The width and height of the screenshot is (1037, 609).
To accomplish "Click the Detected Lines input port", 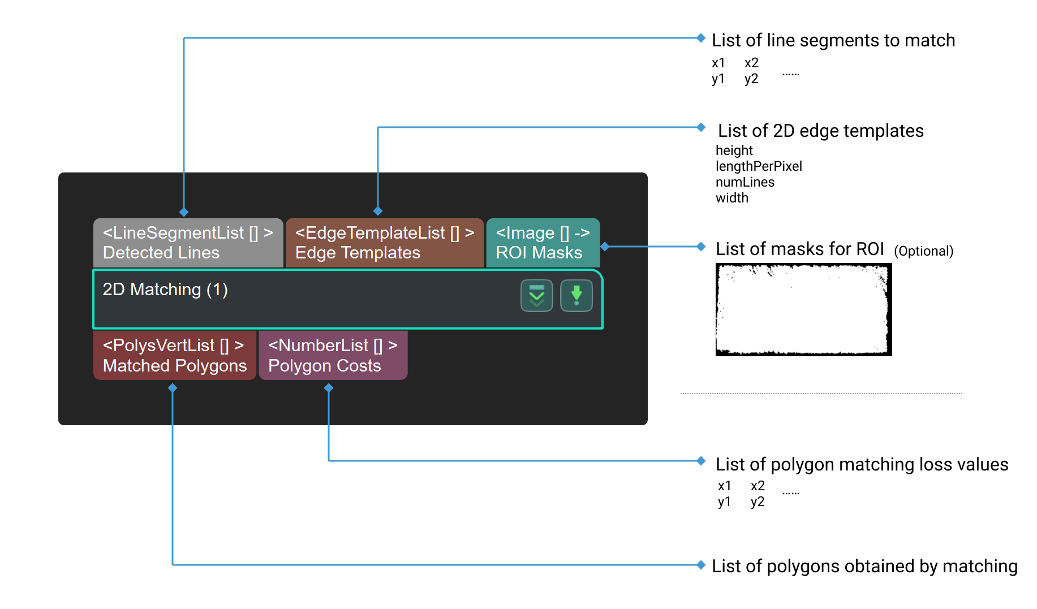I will coord(188,243).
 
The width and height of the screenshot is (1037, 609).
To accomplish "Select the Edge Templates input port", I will coord(385,243).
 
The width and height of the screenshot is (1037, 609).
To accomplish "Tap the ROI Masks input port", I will coord(543,243).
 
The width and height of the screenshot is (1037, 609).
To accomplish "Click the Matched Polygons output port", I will coord(174,355).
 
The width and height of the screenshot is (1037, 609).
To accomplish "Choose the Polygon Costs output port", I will coord(333,355).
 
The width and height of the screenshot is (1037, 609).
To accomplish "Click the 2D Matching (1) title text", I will coord(165,290).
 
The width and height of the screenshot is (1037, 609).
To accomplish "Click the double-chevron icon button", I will coord(536,296).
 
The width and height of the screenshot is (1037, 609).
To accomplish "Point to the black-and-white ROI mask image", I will coord(803,310).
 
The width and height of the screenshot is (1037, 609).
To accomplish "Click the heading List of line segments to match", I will coord(833,41).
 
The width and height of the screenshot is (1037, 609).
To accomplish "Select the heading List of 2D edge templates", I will coord(820,131).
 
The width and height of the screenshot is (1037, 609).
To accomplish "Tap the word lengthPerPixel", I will coord(759,166).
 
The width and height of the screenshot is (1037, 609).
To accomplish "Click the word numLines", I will coord(745,182).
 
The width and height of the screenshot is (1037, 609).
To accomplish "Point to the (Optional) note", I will coord(923,251).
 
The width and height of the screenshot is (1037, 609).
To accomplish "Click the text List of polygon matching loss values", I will coord(862,465).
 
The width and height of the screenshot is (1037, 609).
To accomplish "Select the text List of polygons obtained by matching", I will coord(864,567).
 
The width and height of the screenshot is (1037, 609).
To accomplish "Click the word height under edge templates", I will coord(734,150).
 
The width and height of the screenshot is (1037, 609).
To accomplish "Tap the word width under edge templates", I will coord(732,198).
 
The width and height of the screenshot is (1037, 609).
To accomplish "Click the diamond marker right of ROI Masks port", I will coord(605,247).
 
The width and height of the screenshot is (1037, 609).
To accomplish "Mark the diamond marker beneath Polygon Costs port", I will coord(329,388).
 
